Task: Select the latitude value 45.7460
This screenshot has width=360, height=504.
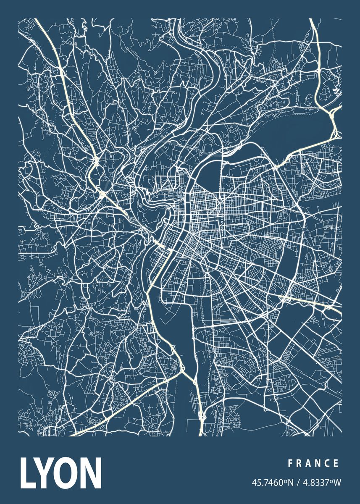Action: coord(266,483)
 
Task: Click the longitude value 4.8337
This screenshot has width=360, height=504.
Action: coord(313,483)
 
